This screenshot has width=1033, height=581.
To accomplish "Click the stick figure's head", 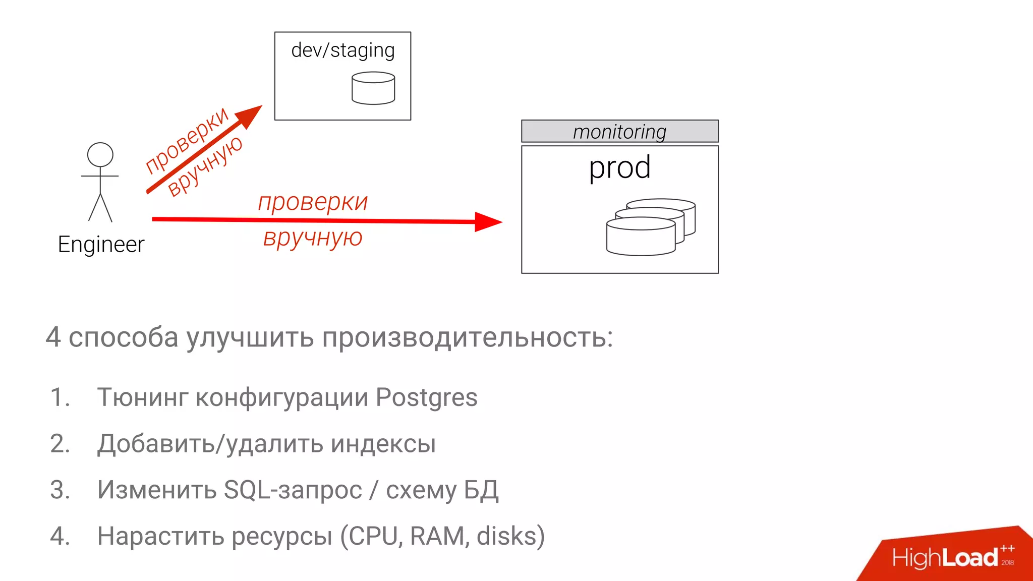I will [100, 155].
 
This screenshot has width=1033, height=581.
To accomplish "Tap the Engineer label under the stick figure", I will [101, 245].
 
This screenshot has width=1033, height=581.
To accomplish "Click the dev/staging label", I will [343, 50].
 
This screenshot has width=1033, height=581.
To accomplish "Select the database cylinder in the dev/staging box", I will [373, 88].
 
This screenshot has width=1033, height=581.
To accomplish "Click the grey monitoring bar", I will [620, 132].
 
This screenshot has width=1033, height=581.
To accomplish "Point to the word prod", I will [620, 167].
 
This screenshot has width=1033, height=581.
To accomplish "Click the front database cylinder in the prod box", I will [641, 237].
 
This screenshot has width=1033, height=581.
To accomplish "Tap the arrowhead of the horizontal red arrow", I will [487, 222].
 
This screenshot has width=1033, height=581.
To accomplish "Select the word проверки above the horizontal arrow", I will [313, 202].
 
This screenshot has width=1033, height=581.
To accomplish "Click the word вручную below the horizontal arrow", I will [313, 238].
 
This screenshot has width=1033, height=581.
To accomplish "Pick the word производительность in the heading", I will [467, 337].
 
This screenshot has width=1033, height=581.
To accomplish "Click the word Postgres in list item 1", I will [427, 397].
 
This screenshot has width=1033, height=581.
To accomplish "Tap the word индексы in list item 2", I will [383, 444].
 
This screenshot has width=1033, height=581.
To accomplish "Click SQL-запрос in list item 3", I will [293, 490].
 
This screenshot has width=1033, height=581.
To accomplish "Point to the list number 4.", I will [60, 536].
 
